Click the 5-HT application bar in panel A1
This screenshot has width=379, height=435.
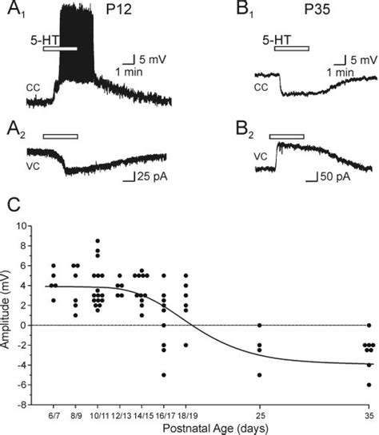point(60,49)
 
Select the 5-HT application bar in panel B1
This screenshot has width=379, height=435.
point(291,49)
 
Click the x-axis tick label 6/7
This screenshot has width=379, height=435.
point(54,413)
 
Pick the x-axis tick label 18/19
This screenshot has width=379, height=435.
point(186,413)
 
